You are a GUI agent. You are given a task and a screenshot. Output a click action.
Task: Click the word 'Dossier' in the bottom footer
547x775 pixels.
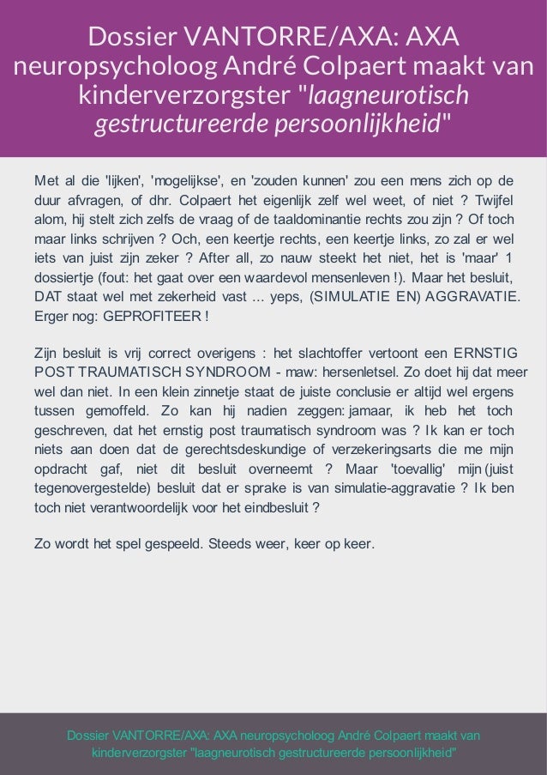pos(90,736)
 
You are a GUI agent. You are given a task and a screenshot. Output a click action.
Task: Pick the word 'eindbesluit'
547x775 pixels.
pos(276,507)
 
